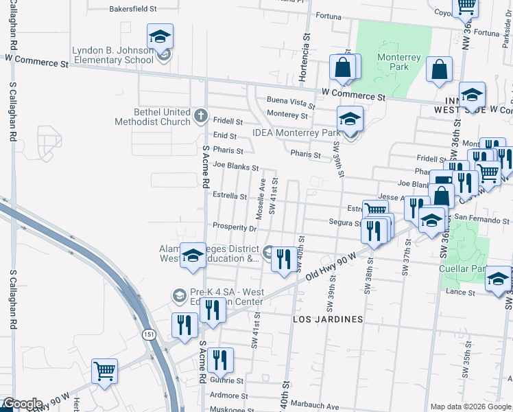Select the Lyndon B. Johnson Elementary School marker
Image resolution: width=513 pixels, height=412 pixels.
[160, 37]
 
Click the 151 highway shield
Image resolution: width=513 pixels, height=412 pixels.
[148, 334]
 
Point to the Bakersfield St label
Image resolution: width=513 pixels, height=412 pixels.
[134, 10]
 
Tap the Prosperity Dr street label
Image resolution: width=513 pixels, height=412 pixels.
[234, 227]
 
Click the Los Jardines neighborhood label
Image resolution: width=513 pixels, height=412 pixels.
[327, 320]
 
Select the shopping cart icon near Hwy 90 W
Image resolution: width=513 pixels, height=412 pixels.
[105, 372]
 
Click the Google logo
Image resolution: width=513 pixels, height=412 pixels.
[22, 404]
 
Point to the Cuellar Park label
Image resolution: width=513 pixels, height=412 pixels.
[460, 269]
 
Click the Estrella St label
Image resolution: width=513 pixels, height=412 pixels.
[229, 196]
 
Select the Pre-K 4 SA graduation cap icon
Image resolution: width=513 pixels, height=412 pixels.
[179, 296]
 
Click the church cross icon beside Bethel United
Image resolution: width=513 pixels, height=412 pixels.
[200, 115]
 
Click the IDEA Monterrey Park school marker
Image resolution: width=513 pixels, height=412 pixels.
[350, 119]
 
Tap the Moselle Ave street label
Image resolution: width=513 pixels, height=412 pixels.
[261, 195]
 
